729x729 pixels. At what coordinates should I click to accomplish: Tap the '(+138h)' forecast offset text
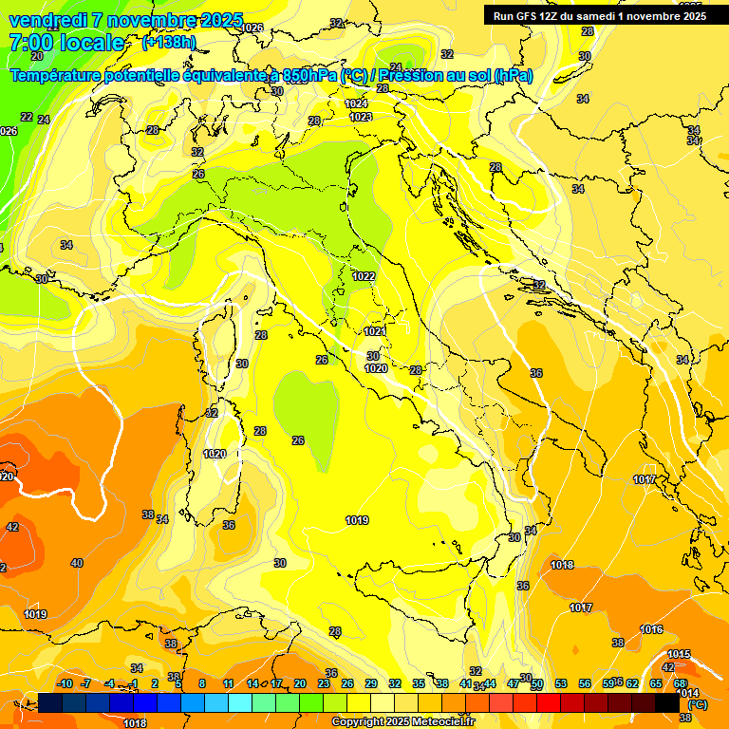tap(169, 43)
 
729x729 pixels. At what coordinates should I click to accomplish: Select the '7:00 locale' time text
tap(66, 43)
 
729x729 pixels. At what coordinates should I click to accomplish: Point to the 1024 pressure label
tap(357, 103)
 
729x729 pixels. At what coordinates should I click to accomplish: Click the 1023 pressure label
tap(361, 117)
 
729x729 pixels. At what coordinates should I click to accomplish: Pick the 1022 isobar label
tap(364, 276)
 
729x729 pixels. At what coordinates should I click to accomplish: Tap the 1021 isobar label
tap(375, 331)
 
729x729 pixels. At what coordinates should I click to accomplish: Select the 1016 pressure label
tap(651, 629)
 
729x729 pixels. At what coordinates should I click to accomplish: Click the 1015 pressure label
tap(679, 654)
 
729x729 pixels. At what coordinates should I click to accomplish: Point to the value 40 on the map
tap(77, 563)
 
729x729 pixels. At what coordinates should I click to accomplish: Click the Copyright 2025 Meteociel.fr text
tap(402, 722)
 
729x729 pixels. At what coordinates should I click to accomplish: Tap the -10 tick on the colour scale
tap(65, 683)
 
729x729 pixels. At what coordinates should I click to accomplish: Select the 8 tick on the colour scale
tap(202, 683)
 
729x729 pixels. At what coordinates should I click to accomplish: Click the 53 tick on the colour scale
tap(561, 683)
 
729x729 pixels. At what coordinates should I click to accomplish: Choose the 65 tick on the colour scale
tap(656, 683)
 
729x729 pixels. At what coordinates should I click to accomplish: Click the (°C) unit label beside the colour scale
tap(698, 705)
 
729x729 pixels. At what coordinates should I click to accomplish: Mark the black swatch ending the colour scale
tap(667, 702)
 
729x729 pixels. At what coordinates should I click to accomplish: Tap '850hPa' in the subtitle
tap(308, 75)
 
